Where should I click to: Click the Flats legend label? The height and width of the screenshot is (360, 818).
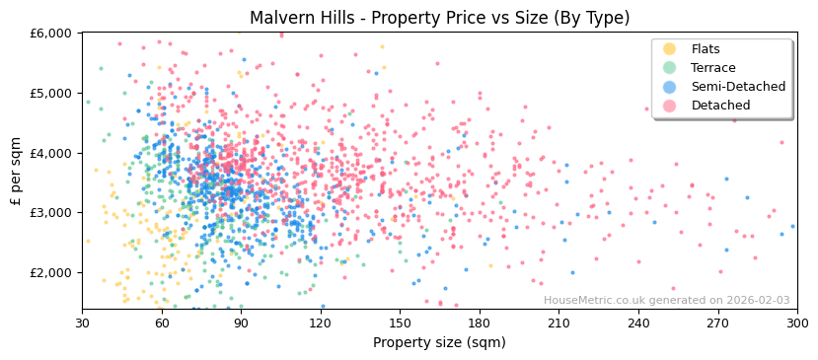(x=706, y=49)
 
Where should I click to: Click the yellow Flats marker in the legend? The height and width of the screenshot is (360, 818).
(x=670, y=49)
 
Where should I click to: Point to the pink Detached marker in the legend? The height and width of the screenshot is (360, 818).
(x=670, y=106)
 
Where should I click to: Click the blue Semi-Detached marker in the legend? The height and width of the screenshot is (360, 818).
(x=670, y=87)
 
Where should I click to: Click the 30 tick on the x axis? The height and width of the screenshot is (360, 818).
(x=82, y=324)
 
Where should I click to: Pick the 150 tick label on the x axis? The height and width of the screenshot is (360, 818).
(x=400, y=324)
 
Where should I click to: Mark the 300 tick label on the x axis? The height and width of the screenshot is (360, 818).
(x=796, y=324)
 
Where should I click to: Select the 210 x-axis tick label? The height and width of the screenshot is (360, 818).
(x=558, y=324)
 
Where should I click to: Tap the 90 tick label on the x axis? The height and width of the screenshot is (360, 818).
(x=241, y=324)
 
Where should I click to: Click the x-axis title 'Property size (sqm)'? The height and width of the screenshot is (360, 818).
(x=439, y=343)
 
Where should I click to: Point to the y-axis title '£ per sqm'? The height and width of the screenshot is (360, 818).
(x=17, y=171)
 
